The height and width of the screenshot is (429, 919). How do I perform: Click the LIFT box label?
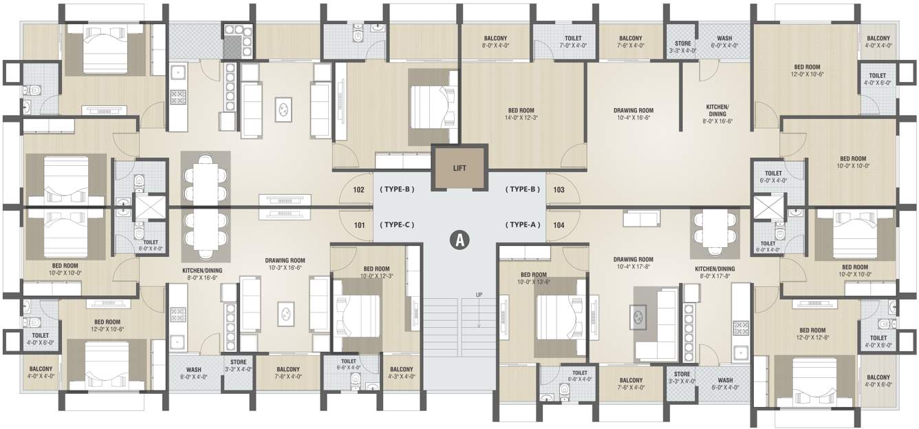pyautogui.click(x=459, y=167)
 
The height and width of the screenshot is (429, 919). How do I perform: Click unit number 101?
pyautogui.click(x=358, y=224)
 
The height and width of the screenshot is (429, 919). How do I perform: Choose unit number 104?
pyautogui.click(x=559, y=224)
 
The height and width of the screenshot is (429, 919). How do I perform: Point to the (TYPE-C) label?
pyautogui.click(x=397, y=224)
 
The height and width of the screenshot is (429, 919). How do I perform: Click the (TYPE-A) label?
pyautogui.click(x=523, y=224)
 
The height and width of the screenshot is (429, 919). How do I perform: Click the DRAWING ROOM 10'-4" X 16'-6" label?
pyautogui.click(x=633, y=114)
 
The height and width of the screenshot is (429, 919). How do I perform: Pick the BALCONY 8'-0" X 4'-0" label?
pyautogui.click(x=495, y=42)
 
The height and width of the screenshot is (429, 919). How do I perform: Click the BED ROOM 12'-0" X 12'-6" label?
pyautogui.click(x=812, y=334)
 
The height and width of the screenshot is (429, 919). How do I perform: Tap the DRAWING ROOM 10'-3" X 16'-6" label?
pyautogui.click(x=285, y=264)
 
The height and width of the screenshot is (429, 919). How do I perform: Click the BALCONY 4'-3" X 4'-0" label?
pyautogui.click(x=401, y=373)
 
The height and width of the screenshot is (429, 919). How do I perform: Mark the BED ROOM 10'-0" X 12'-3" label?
pyautogui.click(x=376, y=273)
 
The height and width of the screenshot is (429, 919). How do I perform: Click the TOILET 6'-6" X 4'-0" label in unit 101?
pyautogui.click(x=349, y=364)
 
